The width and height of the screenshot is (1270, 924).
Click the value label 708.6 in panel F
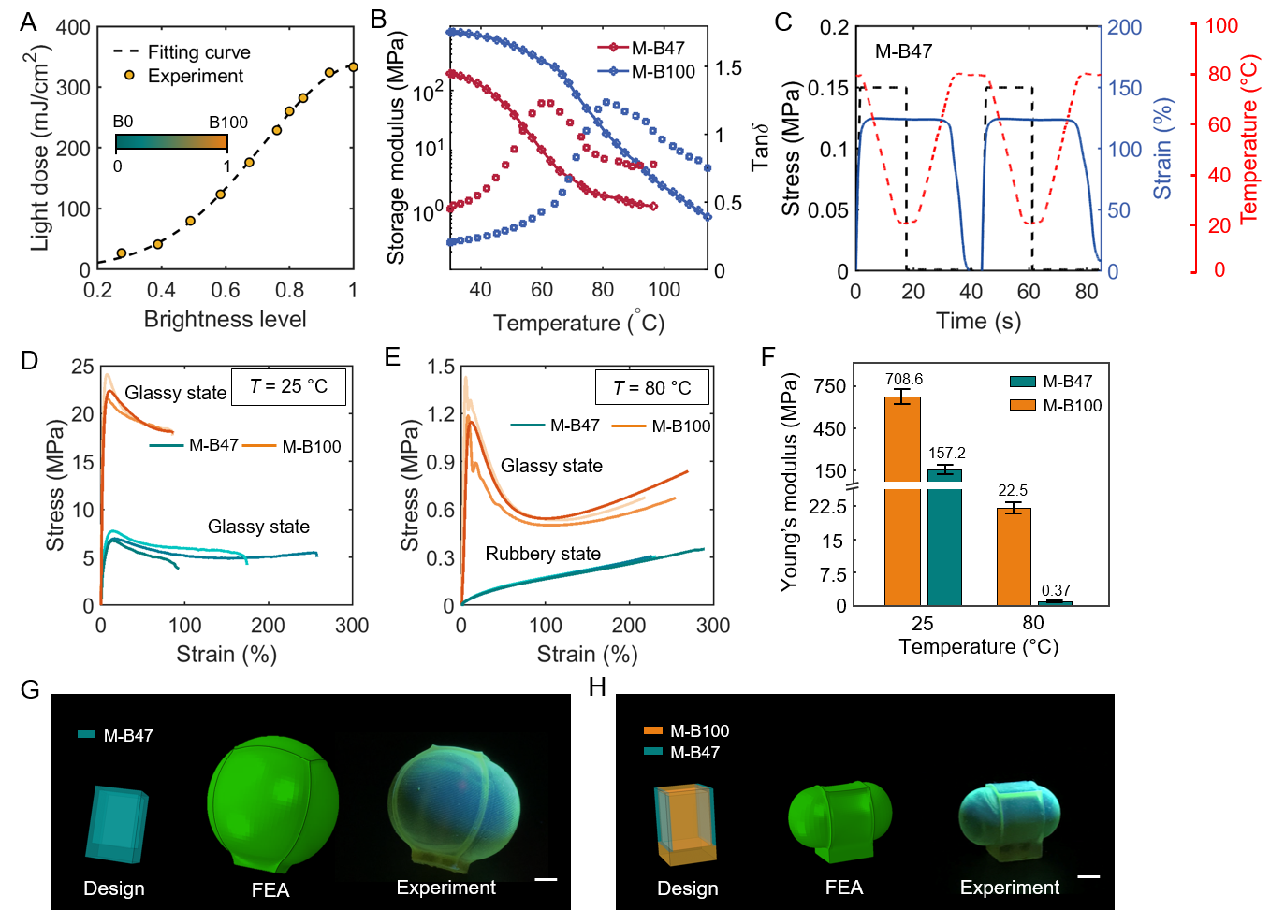point(903,379)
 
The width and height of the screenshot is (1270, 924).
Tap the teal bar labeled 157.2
point(944,537)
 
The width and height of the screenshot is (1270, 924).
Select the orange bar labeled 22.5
point(1014,556)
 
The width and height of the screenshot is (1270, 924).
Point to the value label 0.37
point(1056,590)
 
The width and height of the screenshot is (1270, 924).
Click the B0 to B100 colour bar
point(171,142)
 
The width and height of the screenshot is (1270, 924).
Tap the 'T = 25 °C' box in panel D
point(289,386)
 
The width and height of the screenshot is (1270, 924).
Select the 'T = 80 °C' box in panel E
point(651,387)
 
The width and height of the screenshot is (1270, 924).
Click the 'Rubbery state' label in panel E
point(543,554)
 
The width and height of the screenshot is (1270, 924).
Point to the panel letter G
point(30,690)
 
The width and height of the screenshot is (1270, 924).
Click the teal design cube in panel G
point(117,823)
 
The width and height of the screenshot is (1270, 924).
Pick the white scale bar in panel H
point(1088,876)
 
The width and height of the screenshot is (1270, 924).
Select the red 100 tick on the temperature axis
point(1221,26)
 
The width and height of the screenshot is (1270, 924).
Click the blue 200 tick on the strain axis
point(1125,27)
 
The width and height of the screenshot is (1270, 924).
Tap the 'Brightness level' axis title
point(225,320)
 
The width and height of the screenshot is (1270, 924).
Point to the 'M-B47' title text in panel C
point(903,51)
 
